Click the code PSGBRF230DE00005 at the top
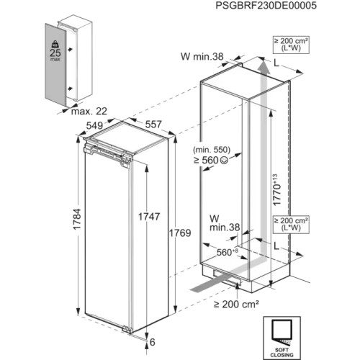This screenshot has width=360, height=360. [266, 6]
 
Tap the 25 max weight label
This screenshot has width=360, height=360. [55, 55]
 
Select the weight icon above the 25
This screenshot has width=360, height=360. [55, 44]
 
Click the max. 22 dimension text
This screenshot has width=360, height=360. [89, 112]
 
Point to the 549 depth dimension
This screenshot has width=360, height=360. [94, 125]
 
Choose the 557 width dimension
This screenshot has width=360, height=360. [153, 125]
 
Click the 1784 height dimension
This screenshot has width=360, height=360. [77, 220]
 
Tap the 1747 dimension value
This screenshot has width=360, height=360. [149, 217]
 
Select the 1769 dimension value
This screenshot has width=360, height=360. [180, 233]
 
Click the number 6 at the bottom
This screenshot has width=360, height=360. [153, 342]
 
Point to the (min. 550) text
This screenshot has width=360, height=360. [212, 150]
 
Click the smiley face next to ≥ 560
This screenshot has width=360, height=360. [224, 161]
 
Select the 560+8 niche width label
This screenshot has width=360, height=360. [228, 252]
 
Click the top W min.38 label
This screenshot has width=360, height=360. [202, 57]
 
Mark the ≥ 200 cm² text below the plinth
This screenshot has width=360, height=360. [236, 305]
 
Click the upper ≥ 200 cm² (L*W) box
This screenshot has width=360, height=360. [291, 45]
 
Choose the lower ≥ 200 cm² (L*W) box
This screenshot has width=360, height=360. [291, 225]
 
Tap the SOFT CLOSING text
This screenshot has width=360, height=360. [282, 352]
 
